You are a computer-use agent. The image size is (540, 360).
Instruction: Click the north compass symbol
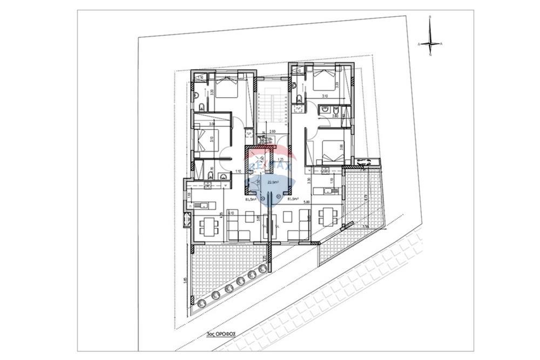click(430, 43)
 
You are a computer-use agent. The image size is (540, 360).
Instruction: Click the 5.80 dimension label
click(306, 202)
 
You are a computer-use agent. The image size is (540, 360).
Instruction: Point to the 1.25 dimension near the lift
click(280, 160)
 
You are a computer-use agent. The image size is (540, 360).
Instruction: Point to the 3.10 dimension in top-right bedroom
click(325, 96)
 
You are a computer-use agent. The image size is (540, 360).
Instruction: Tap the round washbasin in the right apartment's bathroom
click(325, 110)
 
